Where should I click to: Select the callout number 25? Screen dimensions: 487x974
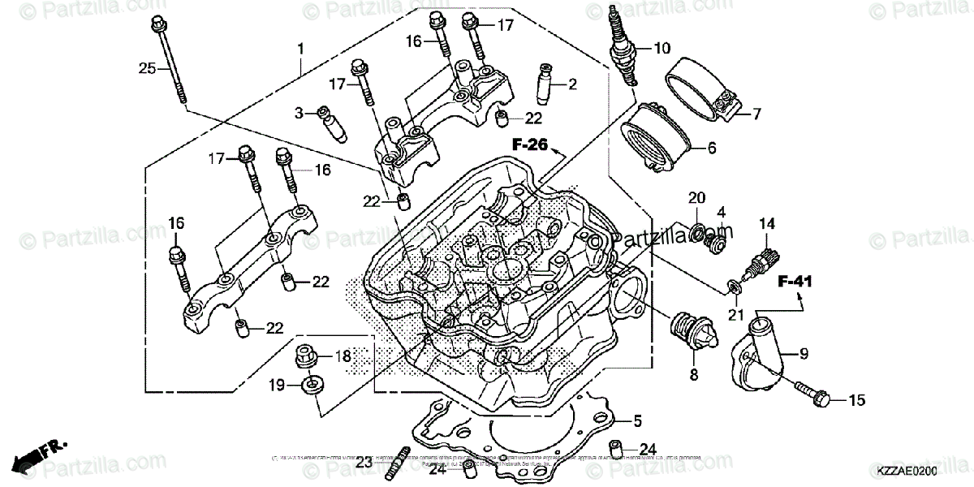(146, 68)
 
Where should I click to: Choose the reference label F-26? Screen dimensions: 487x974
(530, 145)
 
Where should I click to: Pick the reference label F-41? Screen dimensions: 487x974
(795, 282)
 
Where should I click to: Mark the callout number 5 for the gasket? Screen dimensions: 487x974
(638, 421)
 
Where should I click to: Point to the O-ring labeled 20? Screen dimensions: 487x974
(696, 233)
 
